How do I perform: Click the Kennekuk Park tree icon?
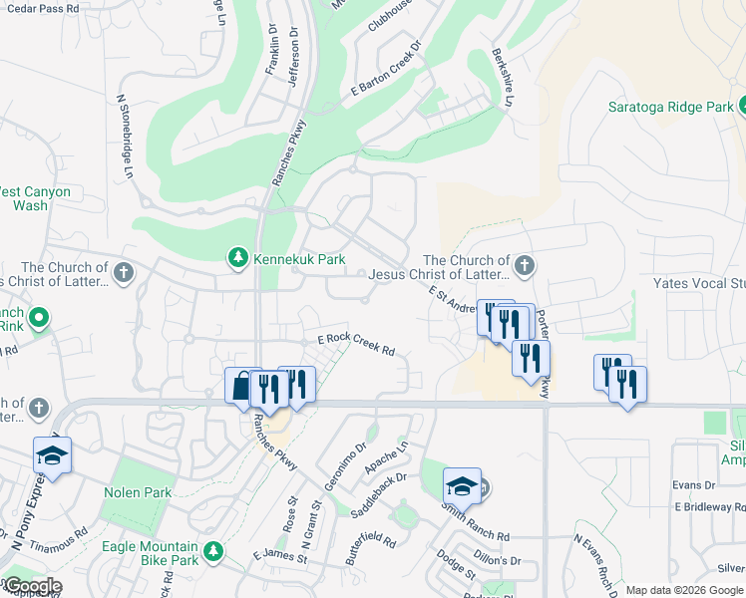click(238, 259)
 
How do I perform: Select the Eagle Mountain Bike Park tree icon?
click(212, 551)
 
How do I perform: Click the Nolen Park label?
click(139, 492)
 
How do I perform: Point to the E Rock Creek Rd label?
click(356, 345)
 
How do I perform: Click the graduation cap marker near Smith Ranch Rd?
click(462, 486)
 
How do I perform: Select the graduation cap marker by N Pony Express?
click(52, 455)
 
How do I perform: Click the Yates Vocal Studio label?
click(698, 283)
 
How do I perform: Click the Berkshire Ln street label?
click(503, 78)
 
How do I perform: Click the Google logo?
click(32, 586)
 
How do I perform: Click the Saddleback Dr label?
click(380, 494)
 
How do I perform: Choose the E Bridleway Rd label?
click(709, 507)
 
